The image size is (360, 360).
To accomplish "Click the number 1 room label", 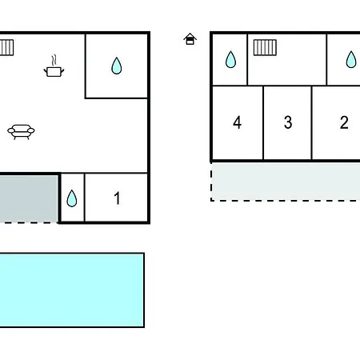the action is [x=117, y=198].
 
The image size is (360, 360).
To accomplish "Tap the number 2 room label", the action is [x=344, y=122].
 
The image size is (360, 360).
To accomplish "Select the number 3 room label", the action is [x=288, y=122].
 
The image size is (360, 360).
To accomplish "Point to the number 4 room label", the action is [x=238, y=122].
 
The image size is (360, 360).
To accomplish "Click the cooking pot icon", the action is [x=54, y=72].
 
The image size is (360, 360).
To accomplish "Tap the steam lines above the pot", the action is [x=54, y=61].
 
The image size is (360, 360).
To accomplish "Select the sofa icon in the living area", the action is [x=21, y=132].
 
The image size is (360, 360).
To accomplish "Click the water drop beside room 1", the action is [x=72, y=198].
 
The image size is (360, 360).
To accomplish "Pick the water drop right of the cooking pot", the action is [x=117, y=66].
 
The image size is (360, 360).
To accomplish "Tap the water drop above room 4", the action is [x=230, y=59].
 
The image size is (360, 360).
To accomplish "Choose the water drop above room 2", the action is [x=351, y=59].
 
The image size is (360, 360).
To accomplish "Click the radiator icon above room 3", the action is [x=265, y=47].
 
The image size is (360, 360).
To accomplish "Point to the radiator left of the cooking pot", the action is [x=6, y=47].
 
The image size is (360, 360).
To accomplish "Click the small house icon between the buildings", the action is [x=190, y=39].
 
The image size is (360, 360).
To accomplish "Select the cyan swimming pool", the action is [x=72, y=290].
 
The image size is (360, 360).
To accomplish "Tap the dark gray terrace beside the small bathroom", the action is [x=29, y=198].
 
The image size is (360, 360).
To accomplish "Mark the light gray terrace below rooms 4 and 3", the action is [x=286, y=182].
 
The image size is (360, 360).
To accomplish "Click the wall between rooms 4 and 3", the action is [x=263, y=123].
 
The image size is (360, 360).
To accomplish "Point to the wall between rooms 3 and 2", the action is [x=311, y=123].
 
